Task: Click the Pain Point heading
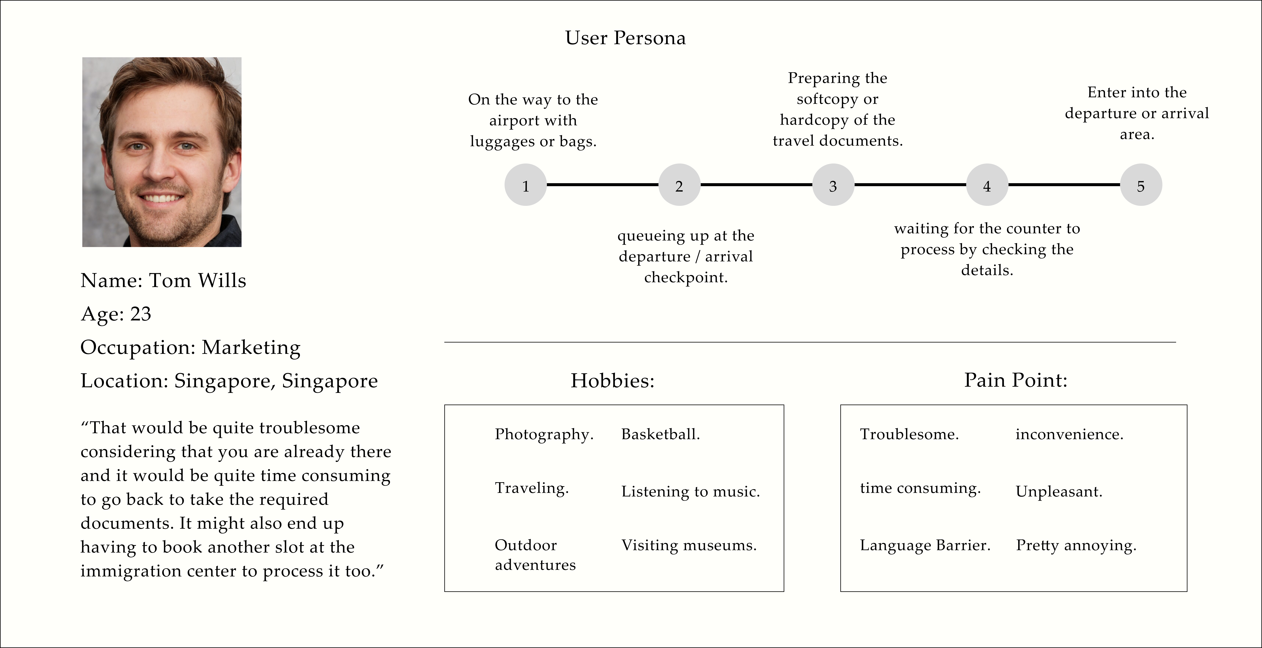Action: pos(1016,380)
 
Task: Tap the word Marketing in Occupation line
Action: pos(251,348)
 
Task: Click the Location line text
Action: pos(229,381)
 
